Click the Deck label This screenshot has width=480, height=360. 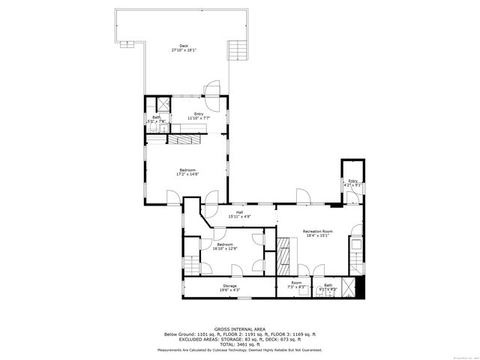(184, 46)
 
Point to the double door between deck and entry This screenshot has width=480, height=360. (214, 89)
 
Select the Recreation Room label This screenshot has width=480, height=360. (317, 231)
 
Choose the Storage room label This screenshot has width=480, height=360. (229, 286)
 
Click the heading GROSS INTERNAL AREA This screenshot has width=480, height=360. (240, 329)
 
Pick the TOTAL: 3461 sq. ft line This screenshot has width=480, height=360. (240, 343)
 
